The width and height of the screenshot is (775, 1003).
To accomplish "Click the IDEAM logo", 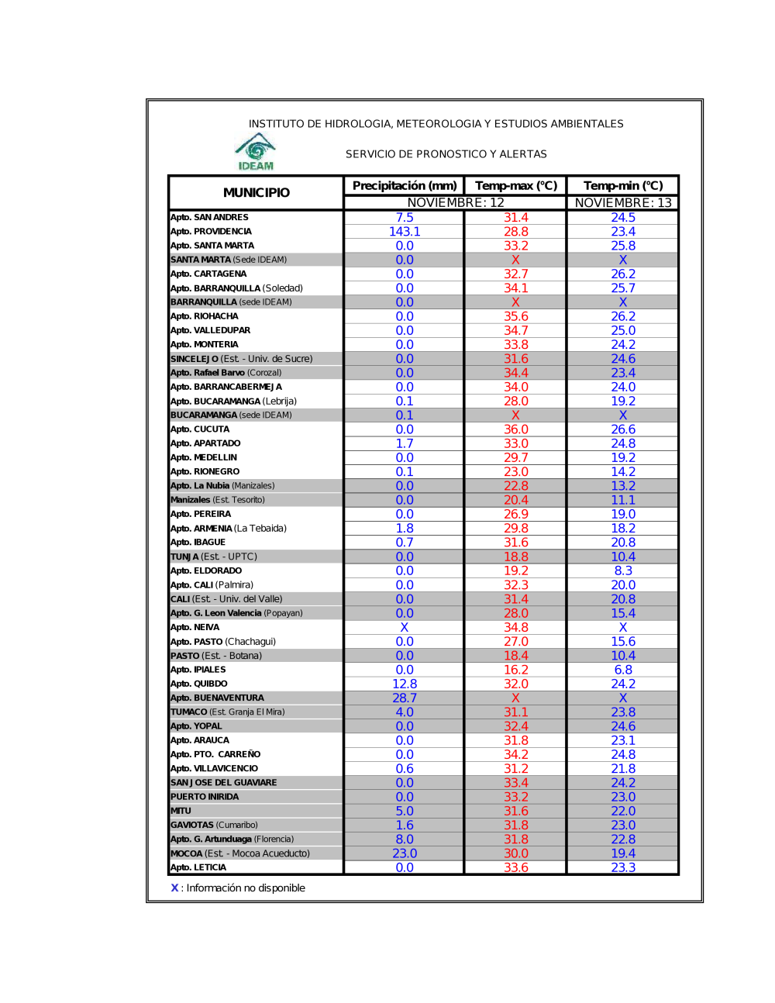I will tap(256, 152).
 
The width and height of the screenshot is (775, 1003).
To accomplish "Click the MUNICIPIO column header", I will tap(257, 192).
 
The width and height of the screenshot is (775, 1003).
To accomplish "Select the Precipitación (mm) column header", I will tap(405, 186).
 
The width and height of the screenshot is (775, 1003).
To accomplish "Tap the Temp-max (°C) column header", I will tap(516, 186).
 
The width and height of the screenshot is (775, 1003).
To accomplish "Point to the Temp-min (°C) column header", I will tap(623, 186).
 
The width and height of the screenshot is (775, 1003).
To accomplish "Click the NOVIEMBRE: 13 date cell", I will tap(623, 203).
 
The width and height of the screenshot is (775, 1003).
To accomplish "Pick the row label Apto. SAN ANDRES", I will tap(210, 218).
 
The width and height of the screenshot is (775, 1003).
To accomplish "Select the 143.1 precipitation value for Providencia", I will tap(405, 232).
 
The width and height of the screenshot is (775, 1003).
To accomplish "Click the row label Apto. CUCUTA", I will tap(200, 429).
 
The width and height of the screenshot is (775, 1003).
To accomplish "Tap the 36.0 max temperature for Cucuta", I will tap(516, 429).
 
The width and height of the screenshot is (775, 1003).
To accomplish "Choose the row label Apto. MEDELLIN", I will tap(204, 457).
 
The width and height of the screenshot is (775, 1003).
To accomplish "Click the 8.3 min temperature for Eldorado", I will tap(623, 570).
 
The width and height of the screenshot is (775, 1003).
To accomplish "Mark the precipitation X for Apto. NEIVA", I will tap(405, 627).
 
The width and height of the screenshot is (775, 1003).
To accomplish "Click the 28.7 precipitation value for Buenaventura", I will tap(405, 698).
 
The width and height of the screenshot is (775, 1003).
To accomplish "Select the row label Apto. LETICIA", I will tap(198, 867).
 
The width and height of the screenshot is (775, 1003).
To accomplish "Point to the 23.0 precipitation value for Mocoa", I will tap(405, 853).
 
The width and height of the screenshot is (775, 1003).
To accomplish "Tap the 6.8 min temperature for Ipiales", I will tap(623, 670).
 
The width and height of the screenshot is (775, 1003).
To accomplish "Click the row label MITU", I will tap(181, 811).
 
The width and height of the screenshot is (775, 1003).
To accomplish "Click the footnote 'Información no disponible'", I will tap(245, 888).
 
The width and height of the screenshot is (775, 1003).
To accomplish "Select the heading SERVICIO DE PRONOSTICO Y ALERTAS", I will tap(446, 154).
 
